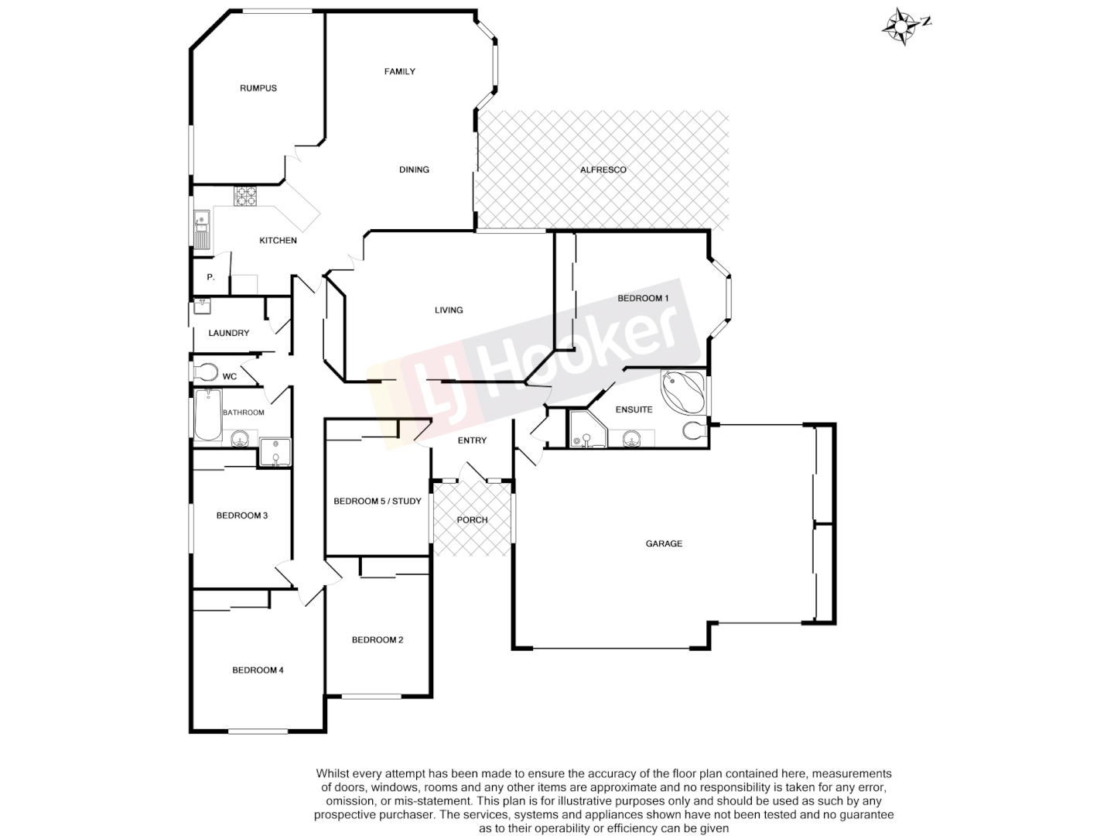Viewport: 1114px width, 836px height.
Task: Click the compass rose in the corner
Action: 902,26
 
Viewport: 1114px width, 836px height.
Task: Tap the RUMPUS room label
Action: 258,88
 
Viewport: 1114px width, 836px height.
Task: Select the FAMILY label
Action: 400,72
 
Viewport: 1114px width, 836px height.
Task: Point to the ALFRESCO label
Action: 603,170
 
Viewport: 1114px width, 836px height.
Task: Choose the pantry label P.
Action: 210,277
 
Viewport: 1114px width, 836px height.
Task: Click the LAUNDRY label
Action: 229,334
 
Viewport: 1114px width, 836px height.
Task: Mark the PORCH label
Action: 472,520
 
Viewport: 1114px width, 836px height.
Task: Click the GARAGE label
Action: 664,544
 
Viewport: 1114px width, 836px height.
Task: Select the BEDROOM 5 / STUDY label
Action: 378,502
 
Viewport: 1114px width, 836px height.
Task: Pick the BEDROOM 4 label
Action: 258,670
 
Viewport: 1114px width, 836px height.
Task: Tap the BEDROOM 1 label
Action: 642,299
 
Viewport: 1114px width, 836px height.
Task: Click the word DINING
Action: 414,170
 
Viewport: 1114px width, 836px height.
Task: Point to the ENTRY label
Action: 472,441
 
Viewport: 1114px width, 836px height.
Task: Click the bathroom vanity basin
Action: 240,441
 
